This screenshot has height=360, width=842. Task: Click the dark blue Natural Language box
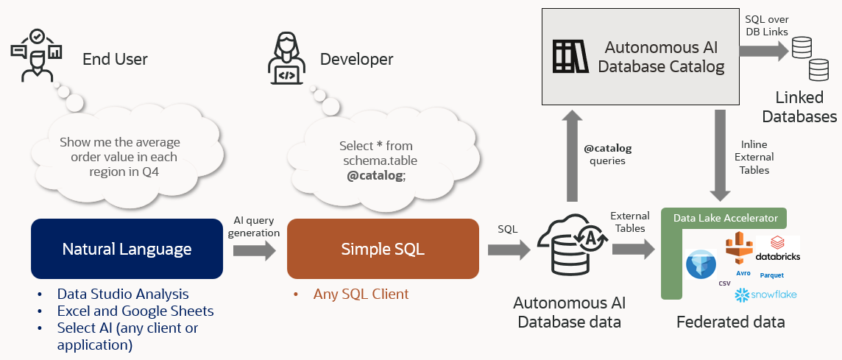coord(127,249)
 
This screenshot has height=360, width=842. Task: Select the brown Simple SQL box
coord(383,249)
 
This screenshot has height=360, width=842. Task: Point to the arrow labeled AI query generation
coord(255,250)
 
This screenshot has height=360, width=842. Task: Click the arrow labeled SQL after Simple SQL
coord(508,250)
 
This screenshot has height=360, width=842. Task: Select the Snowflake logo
coord(765,294)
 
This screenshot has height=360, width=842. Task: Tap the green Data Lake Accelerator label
coord(724,218)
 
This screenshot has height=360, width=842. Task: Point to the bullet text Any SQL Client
coord(361,294)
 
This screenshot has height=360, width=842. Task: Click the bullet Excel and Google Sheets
coord(135,311)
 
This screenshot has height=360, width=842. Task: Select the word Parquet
coord(772,275)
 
